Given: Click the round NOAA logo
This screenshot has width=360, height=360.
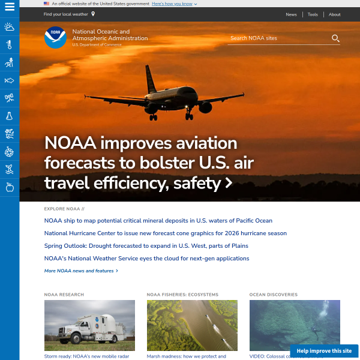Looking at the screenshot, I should (x=56, y=38).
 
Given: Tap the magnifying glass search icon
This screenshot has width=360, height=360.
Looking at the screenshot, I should (x=335, y=38).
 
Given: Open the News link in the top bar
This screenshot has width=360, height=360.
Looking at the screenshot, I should (x=291, y=14).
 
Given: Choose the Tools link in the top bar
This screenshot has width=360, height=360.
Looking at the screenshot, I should (x=313, y=14).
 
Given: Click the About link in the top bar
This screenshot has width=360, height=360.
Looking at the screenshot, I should (x=334, y=14).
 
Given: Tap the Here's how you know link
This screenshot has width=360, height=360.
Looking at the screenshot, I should (x=174, y=4).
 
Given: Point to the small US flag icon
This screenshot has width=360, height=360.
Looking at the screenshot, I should (x=46, y=4).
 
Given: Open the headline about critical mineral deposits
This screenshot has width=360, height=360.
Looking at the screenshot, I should (x=158, y=221).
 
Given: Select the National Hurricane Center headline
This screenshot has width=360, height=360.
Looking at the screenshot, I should (x=166, y=233).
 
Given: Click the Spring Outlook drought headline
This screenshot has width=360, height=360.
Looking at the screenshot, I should (x=146, y=246).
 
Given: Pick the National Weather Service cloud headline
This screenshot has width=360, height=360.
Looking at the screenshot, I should (x=147, y=259).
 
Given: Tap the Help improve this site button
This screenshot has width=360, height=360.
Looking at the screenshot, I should (x=324, y=351).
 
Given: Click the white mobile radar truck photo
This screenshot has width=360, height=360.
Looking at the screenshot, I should (x=89, y=326).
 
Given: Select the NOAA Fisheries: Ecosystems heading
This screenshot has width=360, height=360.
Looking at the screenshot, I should (x=182, y=295).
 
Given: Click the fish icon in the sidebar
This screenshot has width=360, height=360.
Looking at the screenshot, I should (x=10, y=80).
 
